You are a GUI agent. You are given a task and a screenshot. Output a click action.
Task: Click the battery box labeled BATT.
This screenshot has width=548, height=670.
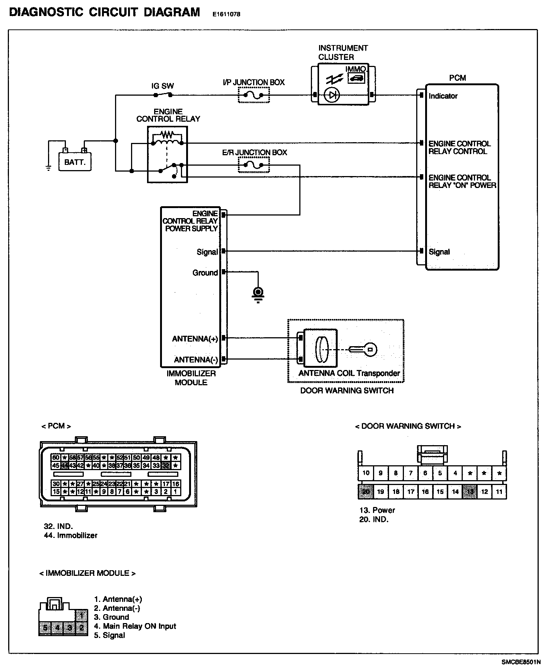coord(74,162)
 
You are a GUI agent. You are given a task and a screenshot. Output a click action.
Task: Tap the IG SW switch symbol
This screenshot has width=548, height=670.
coord(163,95)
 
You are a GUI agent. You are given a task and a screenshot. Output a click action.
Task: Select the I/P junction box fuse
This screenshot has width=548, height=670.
coord(253,95)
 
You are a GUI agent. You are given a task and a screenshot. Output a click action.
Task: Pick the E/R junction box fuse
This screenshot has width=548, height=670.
coord(253,165)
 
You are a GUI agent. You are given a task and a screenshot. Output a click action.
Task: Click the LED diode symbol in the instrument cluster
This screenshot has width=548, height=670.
coord(331,95)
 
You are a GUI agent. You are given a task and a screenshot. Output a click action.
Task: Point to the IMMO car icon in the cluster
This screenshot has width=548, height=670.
coord(356,78)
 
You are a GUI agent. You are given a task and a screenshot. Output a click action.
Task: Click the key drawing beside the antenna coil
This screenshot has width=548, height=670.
coord(363,350)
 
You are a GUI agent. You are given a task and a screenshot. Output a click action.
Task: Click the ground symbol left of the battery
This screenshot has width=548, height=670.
coord(48,167)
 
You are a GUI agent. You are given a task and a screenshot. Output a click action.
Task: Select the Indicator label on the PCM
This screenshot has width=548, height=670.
coord(443,96)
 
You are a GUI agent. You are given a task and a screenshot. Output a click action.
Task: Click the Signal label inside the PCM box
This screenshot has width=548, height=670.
coord(439,252)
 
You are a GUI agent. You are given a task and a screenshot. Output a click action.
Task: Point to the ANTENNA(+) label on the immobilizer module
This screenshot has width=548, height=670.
coord(195,339)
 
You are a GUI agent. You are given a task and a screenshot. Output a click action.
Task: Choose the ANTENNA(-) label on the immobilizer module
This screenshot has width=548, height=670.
coord(196,360)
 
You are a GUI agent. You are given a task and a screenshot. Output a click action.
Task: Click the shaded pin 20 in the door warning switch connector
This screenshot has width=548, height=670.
coord(366,492)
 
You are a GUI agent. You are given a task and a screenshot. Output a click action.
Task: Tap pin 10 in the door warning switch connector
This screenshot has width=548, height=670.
coord(366,473)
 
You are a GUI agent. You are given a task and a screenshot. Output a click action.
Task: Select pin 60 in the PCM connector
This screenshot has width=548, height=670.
coord(55,457)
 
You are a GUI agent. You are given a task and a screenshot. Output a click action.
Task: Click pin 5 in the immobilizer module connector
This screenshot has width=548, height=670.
coord(45,628)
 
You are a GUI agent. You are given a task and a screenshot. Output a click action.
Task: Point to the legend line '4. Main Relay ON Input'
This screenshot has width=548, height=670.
coord(135,626)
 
